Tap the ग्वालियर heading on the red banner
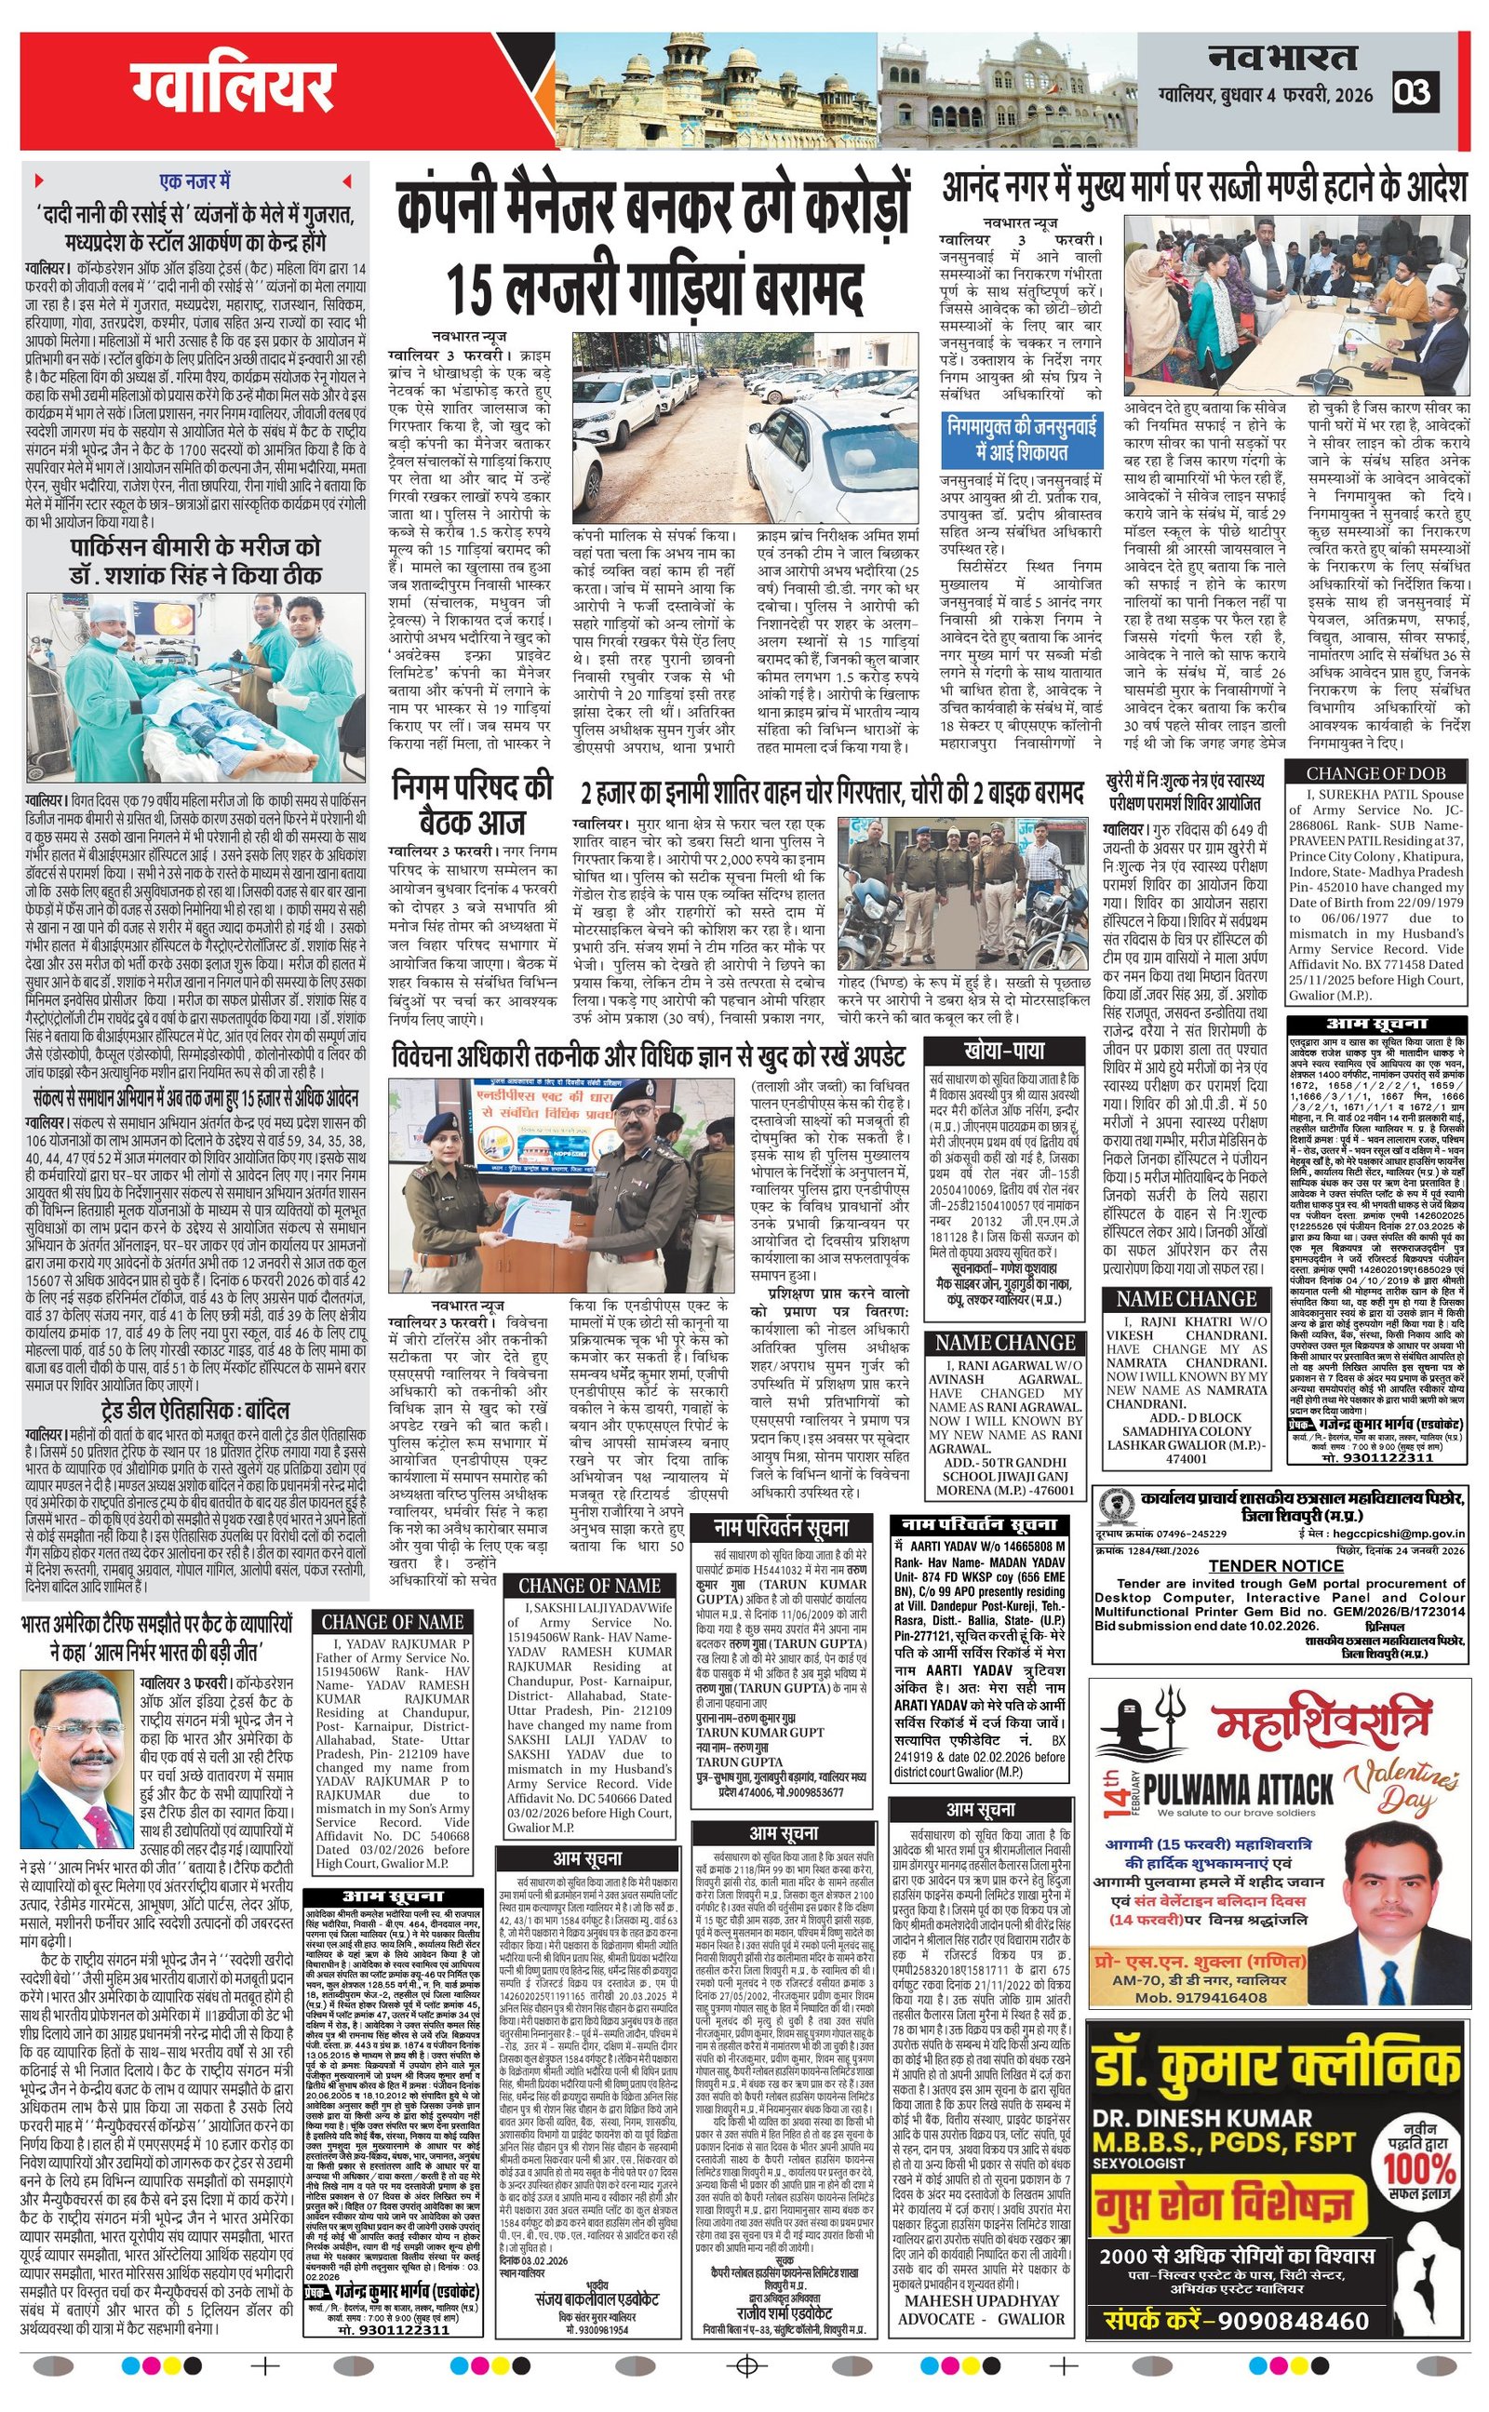click(x=235, y=89)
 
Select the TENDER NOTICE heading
click(x=1276, y=1564)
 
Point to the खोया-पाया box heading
click(x=1004, y=1050)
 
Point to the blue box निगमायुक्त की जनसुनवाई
click(x=1021, y=437)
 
